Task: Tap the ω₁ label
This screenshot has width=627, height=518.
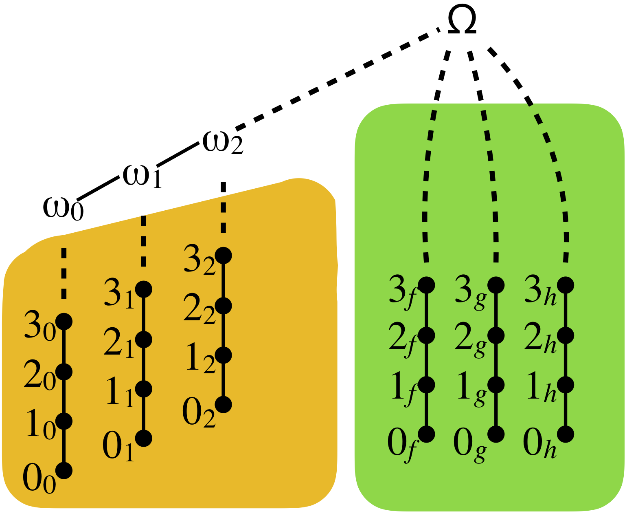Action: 142,176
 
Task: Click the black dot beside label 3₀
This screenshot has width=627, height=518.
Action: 64,322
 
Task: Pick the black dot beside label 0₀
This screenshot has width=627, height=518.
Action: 64,470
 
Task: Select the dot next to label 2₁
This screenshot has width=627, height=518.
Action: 144,339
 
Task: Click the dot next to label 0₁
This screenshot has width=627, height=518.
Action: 144,439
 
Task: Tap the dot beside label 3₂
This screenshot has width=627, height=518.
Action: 224,256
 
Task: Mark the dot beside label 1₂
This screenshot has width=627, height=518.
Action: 224,355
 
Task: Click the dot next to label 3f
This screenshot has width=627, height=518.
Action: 427,285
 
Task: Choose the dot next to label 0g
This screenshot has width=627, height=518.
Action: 496,434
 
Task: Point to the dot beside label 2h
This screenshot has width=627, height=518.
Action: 566,335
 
